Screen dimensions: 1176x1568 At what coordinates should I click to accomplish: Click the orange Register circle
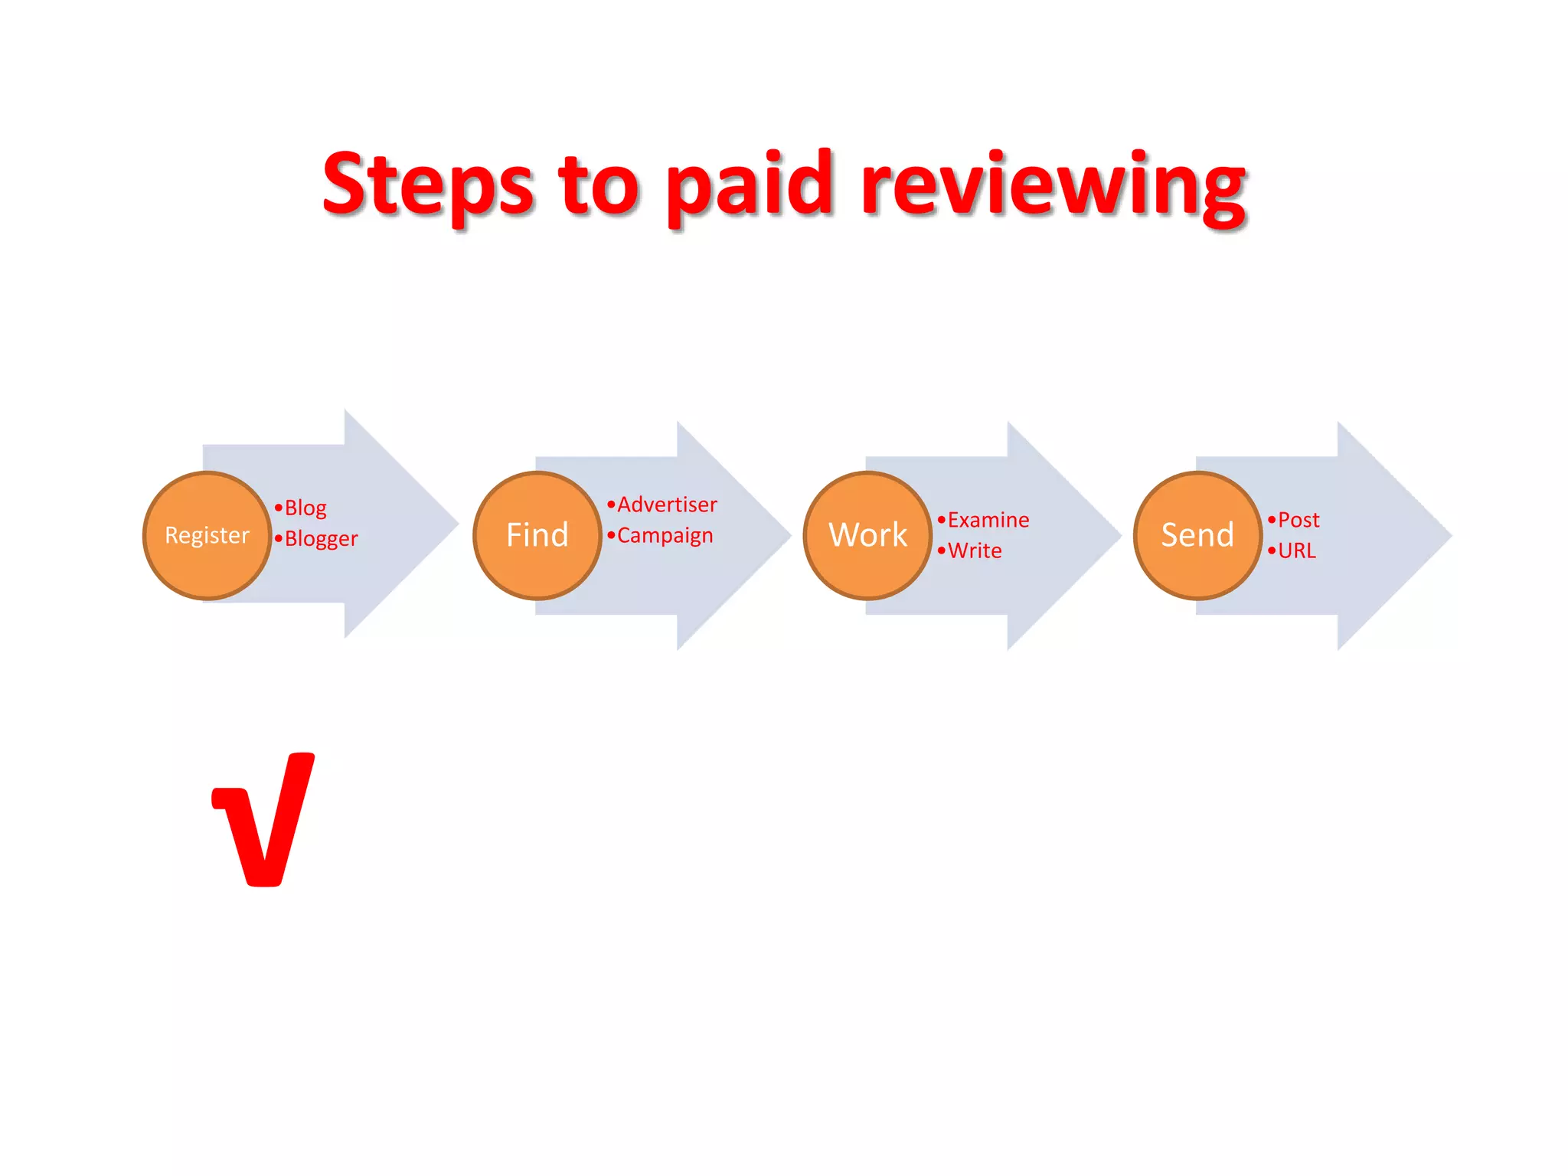click(207, 535)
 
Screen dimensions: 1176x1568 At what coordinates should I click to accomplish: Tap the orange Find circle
click(537, 535)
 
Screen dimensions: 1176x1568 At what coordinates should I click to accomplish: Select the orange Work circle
click(867, 535)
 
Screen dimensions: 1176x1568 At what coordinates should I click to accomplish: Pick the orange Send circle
click(1197, 535)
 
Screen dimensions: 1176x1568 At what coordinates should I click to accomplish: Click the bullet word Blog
click(305, 508)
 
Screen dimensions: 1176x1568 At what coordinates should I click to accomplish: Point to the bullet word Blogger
click(321, 539)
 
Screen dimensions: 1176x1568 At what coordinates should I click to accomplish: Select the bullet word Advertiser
click(667, 505)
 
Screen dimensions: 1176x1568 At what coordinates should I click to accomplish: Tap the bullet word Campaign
click(665, 535)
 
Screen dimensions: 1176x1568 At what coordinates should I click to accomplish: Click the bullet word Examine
click(988, 520)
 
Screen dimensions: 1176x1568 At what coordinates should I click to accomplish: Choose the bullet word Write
click(975, 550)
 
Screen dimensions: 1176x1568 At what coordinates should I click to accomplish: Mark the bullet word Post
click(1298, 520)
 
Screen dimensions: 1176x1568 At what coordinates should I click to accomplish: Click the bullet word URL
click(1297, 550)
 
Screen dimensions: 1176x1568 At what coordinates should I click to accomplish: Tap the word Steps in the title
click(427, 185)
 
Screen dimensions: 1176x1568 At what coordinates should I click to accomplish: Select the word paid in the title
click(748, 185)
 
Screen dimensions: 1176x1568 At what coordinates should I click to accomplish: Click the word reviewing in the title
click(1053, 185)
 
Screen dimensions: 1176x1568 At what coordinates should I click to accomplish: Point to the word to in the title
click(598, 185)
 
